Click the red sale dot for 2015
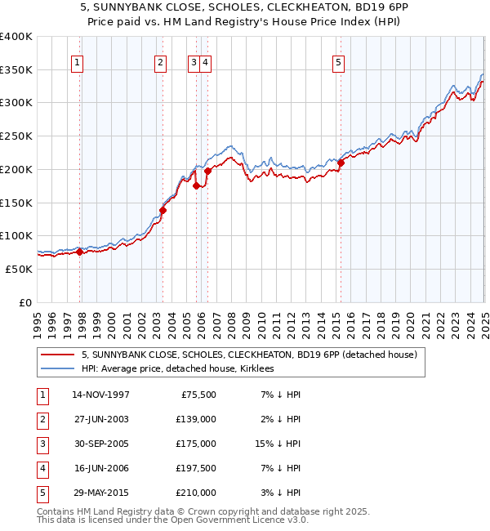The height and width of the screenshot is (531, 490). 341,163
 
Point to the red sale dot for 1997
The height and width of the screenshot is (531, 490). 80,252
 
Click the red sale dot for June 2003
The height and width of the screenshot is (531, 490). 163,210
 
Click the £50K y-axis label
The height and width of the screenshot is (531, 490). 20,269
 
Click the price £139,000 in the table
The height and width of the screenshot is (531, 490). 196,419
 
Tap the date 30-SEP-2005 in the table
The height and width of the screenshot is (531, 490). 100,444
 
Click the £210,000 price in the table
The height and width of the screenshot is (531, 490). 196,493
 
